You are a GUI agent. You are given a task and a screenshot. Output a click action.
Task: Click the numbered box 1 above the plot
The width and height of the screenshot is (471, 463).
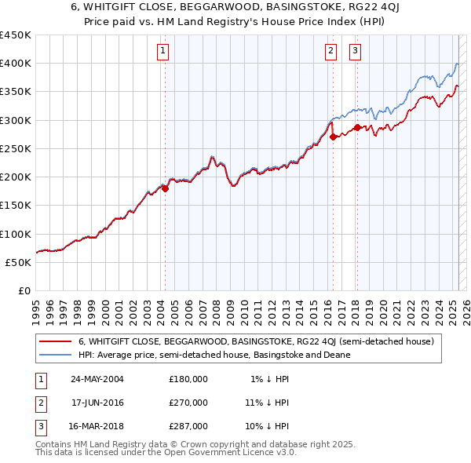(x=162, y=52)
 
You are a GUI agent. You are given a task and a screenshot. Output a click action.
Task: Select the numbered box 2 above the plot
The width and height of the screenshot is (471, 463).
(x=330, y=52)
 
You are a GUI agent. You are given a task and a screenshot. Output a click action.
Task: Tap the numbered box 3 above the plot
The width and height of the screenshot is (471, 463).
(x=355, y=52)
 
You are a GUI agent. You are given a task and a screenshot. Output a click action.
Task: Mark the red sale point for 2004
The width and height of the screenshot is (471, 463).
(x=165, y=188)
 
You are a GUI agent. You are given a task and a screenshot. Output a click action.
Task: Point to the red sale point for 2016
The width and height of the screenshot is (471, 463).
(x=333, y=137)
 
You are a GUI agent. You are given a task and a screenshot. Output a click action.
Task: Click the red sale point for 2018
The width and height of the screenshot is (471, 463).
(x=357, y=127)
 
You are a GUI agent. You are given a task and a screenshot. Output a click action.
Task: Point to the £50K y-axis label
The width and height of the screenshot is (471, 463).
(x=19, y=262)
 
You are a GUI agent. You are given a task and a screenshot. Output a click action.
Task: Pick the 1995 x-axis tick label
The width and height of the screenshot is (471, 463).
(x=35, y=308)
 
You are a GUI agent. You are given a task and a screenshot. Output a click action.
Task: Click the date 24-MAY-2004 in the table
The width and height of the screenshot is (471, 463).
(x=97, y=379)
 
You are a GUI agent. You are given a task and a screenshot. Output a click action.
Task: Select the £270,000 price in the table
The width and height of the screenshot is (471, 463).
(x=188, y=403)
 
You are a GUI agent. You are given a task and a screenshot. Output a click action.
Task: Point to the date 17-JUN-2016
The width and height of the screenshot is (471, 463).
(x=97, y=403)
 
